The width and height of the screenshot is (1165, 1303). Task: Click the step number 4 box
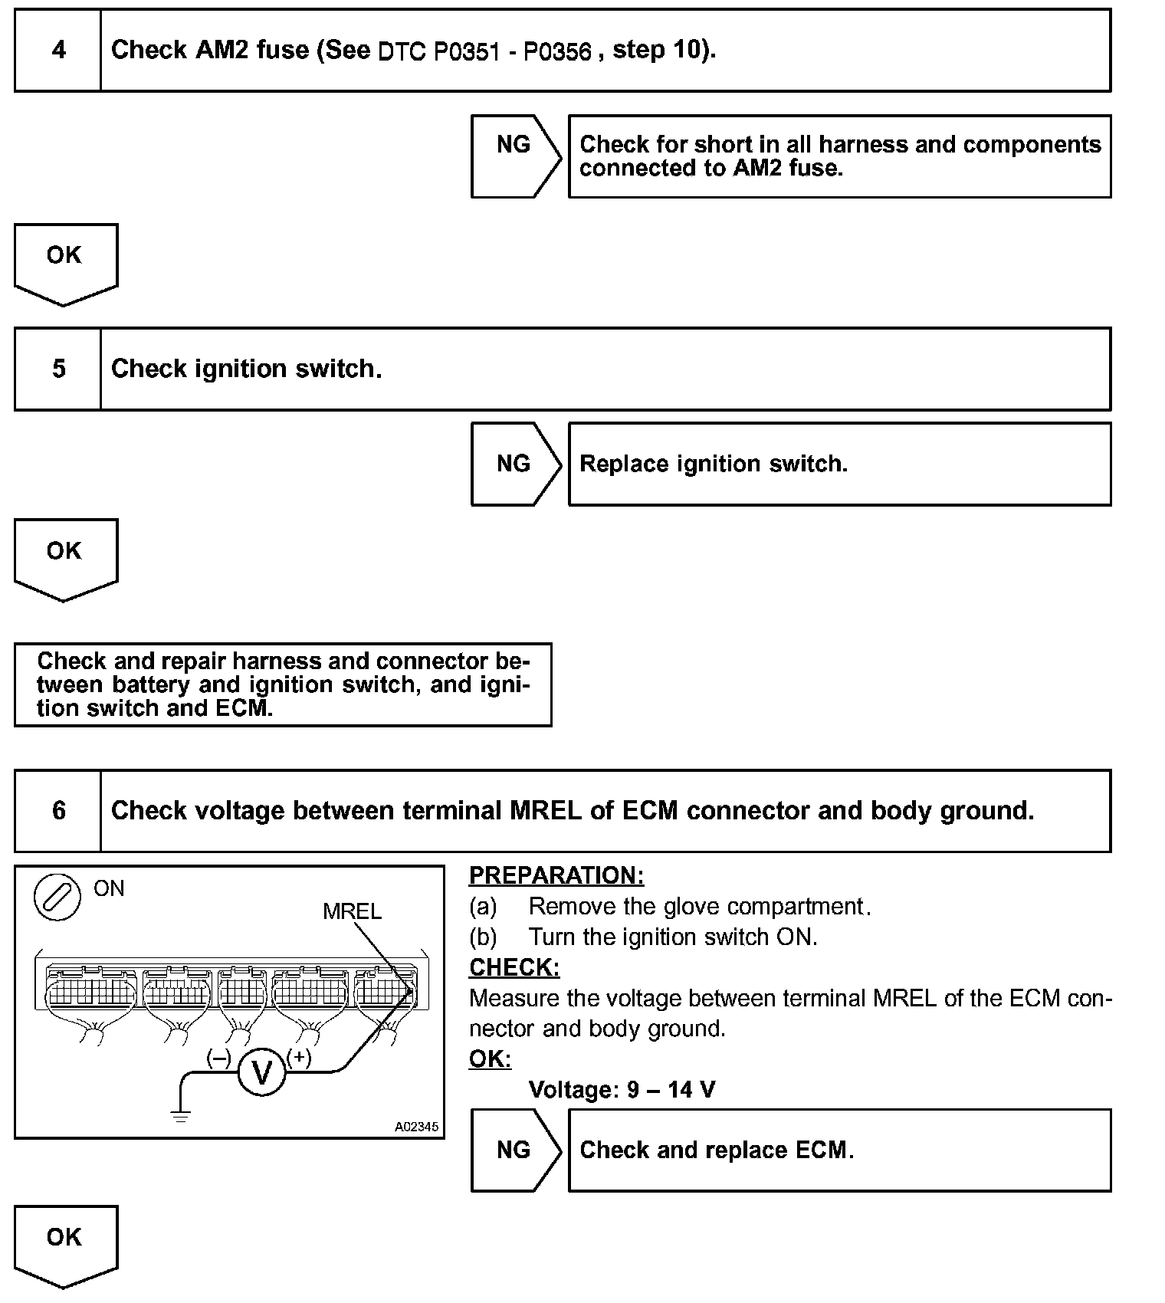(58, 51)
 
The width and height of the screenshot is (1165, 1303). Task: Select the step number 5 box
(58, 369)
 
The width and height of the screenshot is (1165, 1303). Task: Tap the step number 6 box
(58, 811)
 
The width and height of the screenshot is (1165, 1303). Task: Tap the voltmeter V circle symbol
(262, 1073)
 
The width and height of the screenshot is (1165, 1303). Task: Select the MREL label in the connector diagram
(352, 911)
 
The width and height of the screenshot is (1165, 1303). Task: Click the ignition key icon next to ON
(57, 896)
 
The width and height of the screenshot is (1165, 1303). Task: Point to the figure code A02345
(416, 1127)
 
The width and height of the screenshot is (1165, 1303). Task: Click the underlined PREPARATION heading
(556, 875)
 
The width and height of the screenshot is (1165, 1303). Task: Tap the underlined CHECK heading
(514, 967)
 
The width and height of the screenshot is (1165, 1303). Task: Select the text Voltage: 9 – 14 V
(622, 1089)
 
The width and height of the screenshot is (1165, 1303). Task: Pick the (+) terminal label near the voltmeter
(299, 1058)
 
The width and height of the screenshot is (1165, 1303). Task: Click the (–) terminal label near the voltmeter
(219, 1058)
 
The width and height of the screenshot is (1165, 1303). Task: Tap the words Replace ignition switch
(714, 464)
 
